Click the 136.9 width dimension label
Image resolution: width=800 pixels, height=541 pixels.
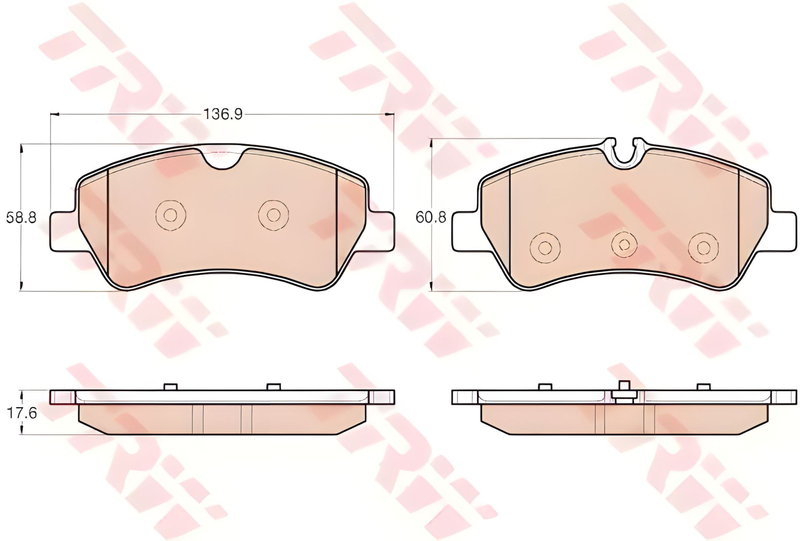point(222,114)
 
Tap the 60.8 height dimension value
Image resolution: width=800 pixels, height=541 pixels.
point(431,217)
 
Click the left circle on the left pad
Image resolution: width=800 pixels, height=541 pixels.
point(170,215)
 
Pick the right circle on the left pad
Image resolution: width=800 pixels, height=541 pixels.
point(273,215)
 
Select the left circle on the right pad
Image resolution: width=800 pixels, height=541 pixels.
point(543,248)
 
